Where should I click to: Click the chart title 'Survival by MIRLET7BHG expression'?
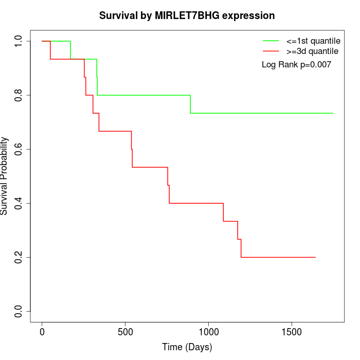click(x=187, y=15)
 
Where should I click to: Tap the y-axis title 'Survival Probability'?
click(x=5, y=176)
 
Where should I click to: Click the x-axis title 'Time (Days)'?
click(x=187, y=347)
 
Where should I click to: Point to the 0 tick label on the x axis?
click(x=42, y=332)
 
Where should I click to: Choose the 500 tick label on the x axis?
click(x=125, y=332)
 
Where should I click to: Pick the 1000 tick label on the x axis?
click(x=209, y=332)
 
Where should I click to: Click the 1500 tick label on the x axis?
click(x=292, y=332)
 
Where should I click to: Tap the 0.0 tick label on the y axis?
click(x=19, y=311)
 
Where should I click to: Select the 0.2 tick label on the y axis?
click(x=19, y=257)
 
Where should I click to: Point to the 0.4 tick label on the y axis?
click(x=19, y=203)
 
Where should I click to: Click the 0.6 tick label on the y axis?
click(x=19, y=149)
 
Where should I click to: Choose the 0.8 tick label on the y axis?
click(x=19, y=95)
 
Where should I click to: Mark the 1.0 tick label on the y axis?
click(x=19, y=41)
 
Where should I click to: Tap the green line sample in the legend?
click(x=271, y=41)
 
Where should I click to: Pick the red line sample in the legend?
click(x=271, y=51)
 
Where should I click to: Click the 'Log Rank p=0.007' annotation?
click(x=296, y=65)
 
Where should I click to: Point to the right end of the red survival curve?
click(x=315, y=257)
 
